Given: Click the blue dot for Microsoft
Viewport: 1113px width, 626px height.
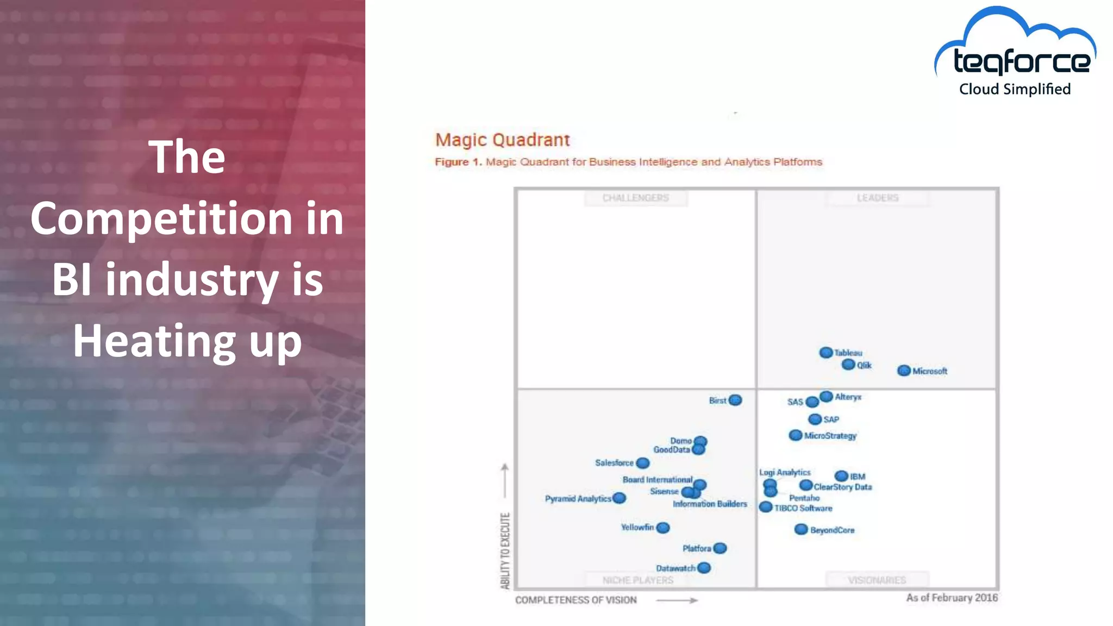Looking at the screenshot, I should point(904,371).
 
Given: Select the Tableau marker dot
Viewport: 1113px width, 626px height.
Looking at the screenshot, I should point(826,353).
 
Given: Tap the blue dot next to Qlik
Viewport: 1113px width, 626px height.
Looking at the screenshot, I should point(848,365).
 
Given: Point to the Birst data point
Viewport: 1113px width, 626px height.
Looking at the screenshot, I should point(735,400).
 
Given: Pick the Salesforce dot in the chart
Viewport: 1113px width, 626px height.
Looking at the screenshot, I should point(643,463).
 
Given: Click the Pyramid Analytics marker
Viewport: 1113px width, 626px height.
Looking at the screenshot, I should point(619,498).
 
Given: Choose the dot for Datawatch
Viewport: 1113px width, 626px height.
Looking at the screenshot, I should point(704,568).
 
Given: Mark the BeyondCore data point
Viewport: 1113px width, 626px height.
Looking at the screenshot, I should point(801,529).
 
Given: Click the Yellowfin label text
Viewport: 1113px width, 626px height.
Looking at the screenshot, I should point(637,527).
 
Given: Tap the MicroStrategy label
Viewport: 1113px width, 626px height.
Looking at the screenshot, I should point(830,436).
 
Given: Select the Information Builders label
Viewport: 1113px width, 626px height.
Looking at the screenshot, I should point(710,504).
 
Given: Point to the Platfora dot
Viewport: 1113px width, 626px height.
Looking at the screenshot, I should point(720,548).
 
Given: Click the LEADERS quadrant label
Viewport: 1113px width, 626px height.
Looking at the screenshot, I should point(877,198).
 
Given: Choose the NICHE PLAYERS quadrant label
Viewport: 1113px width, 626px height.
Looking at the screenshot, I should point(637,580).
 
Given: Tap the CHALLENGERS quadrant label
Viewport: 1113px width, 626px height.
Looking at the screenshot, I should point(635,198).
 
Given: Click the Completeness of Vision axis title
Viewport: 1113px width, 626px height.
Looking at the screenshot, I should point(576,600).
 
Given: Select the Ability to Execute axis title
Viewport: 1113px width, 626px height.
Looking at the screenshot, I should point(505,550).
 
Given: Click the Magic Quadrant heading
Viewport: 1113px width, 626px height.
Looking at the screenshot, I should point(502,140).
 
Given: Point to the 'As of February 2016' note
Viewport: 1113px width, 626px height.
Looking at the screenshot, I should point(952,598).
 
